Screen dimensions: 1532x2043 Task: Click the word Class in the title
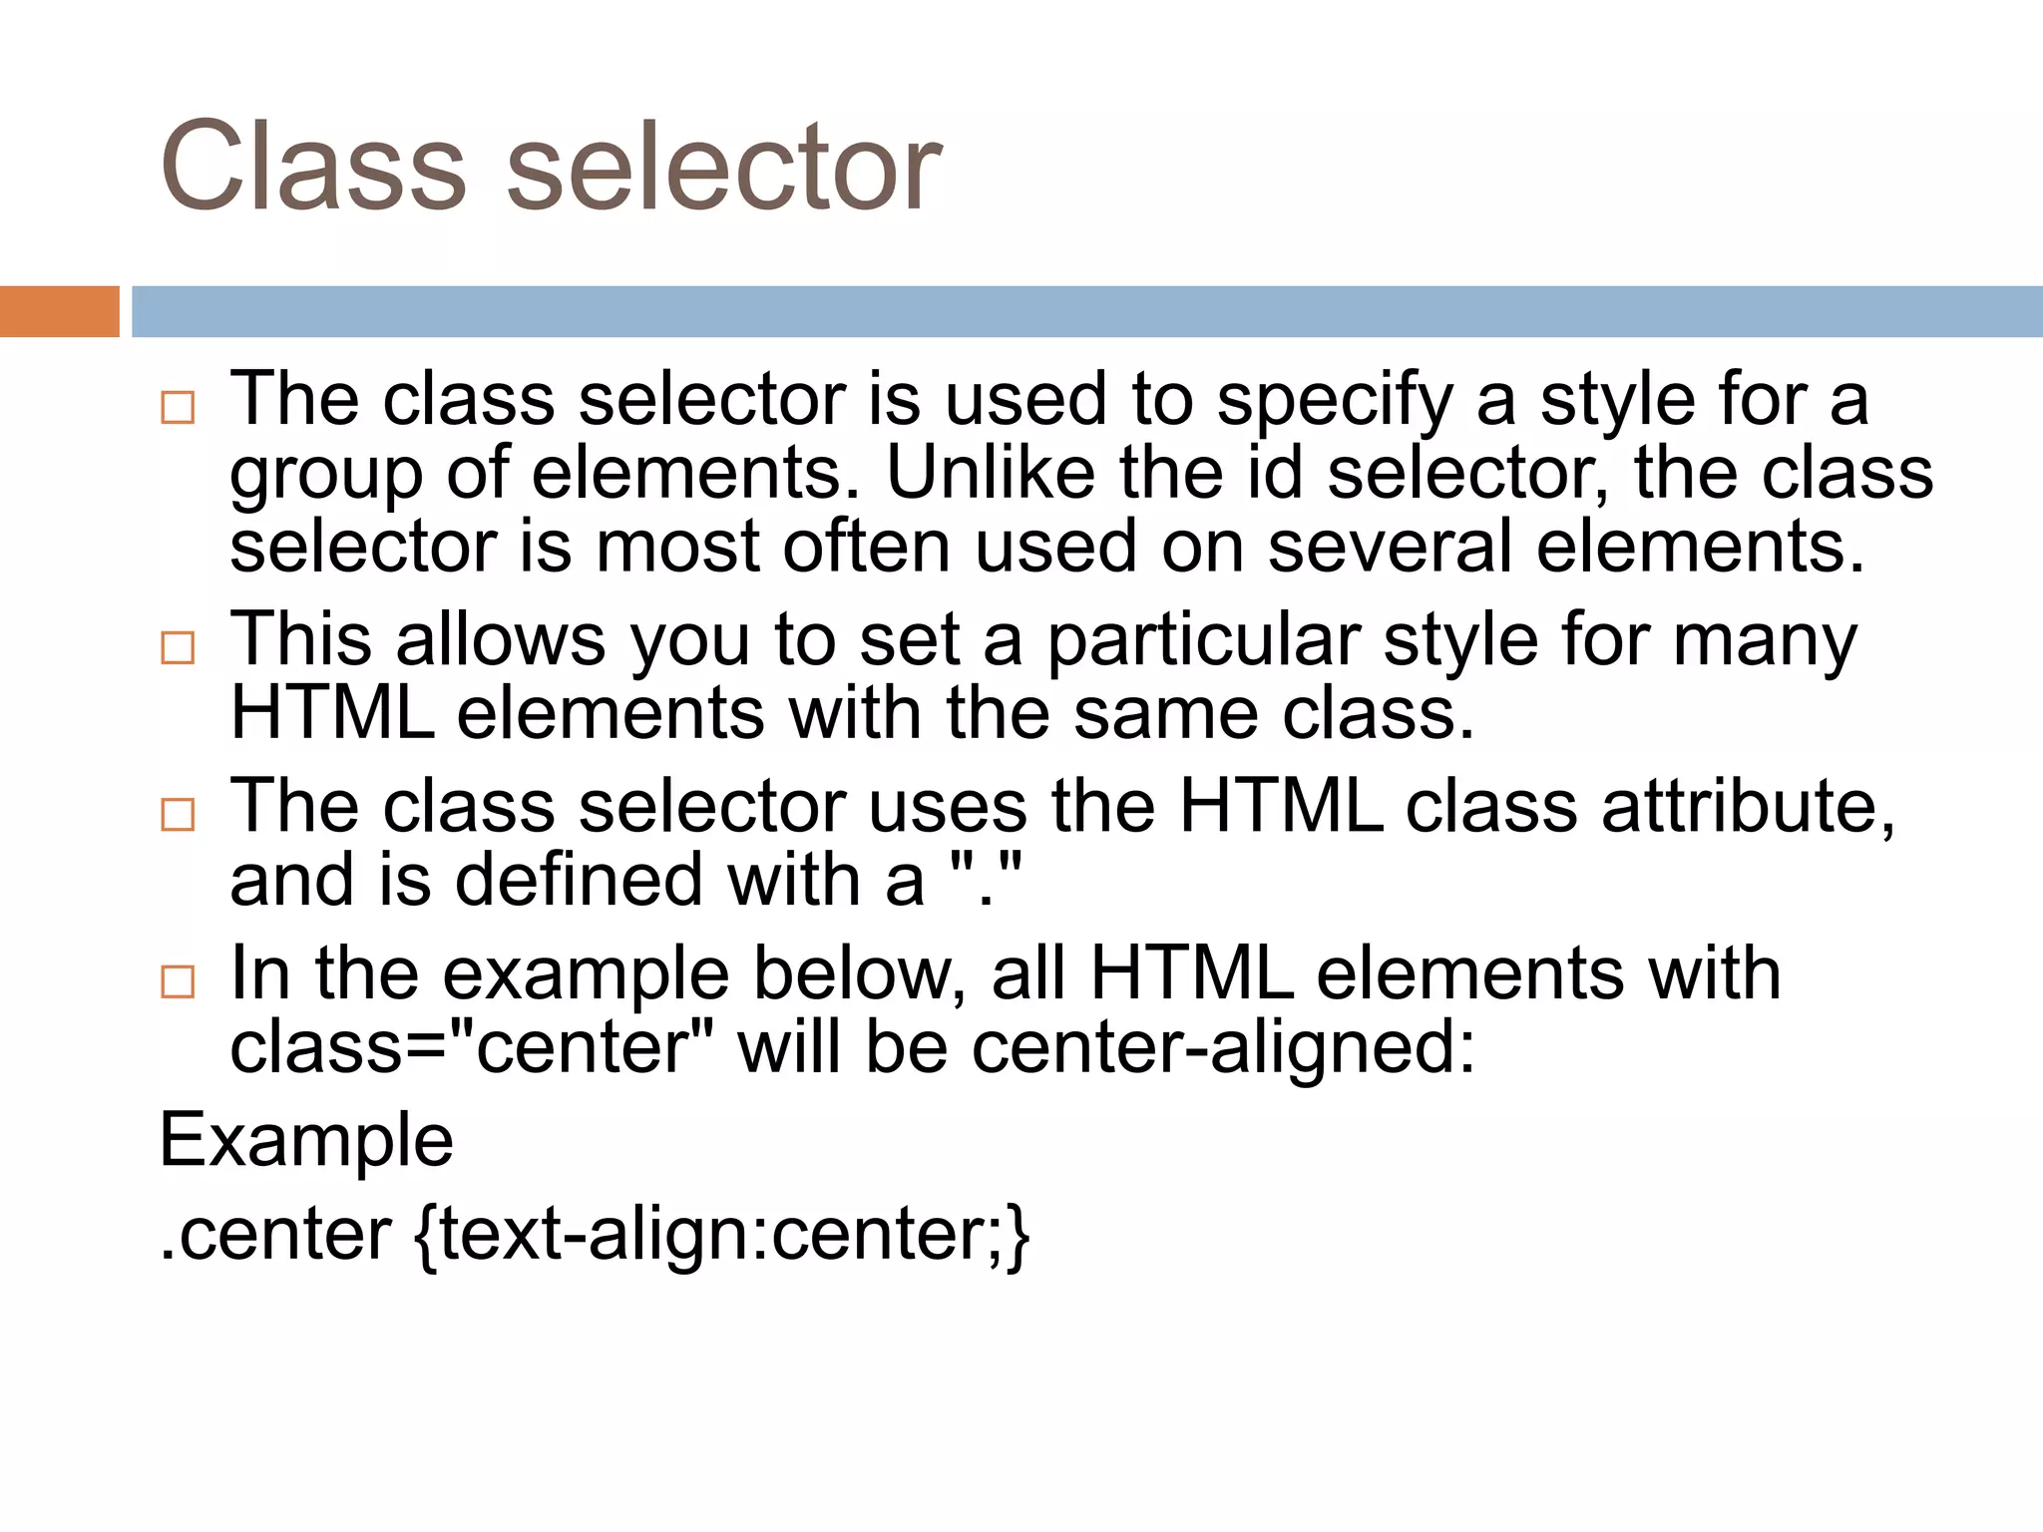[312, 167]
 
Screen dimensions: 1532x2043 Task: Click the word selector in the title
[723, 167]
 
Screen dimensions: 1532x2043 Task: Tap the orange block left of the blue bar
[59, 311]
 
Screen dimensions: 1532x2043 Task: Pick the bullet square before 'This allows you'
[178, 648]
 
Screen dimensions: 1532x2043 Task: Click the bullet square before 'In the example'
[178, 981]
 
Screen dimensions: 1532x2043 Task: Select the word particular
[1203, 639]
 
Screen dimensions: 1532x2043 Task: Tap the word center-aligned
[1223, 1049]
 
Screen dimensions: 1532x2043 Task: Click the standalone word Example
[306, 1141]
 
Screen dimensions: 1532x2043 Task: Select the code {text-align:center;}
[720, 1236]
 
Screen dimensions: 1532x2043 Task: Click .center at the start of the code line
[275, 1236]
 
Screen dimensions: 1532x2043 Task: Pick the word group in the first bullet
[326, 476]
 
